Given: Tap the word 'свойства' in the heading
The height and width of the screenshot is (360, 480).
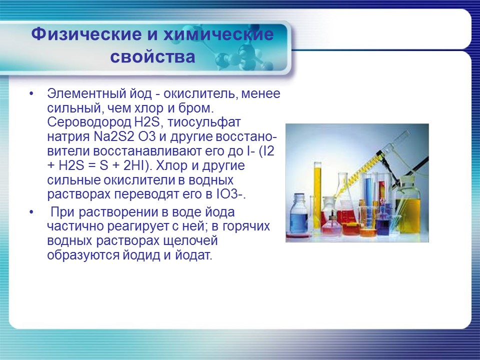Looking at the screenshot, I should pyautogui.click(x=152, y=56).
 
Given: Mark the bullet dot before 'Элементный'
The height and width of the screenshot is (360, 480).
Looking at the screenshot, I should pyautogui.click(x=32, y=94).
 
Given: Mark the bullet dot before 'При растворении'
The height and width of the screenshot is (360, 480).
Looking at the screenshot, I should pyautogui.click(x=32, y=212).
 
